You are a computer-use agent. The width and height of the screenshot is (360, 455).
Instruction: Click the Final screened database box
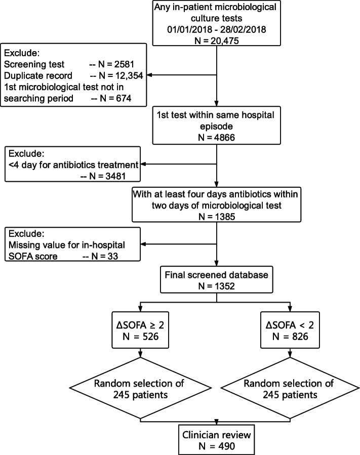(x=216, y=279)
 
